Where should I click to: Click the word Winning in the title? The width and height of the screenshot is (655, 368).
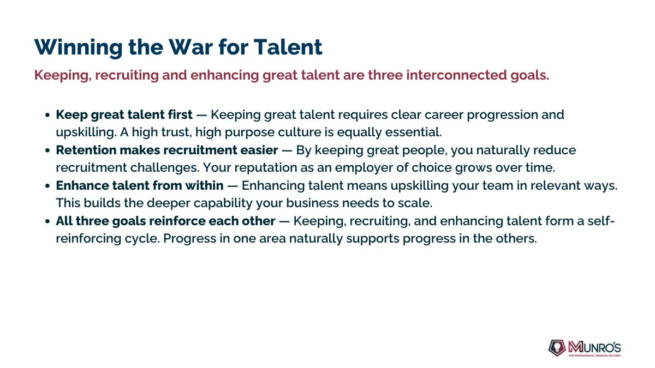click(79, 47)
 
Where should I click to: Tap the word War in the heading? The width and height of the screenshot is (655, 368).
click(190, 47)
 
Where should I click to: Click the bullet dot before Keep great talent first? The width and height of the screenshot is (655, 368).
click(47, 115)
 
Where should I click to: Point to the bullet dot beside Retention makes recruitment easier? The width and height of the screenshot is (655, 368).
click(47, 150)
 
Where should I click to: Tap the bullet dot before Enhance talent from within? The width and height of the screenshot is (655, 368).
click(47, 186)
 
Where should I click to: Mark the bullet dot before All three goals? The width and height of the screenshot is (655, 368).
click(47, 221)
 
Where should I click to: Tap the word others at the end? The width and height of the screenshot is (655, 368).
click(516, 239)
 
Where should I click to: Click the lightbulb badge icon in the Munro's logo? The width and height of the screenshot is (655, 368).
click(557, 348)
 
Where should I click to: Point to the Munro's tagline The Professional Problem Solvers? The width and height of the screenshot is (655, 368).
click(594, 355)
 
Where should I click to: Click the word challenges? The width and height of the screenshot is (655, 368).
click(165, 168)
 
